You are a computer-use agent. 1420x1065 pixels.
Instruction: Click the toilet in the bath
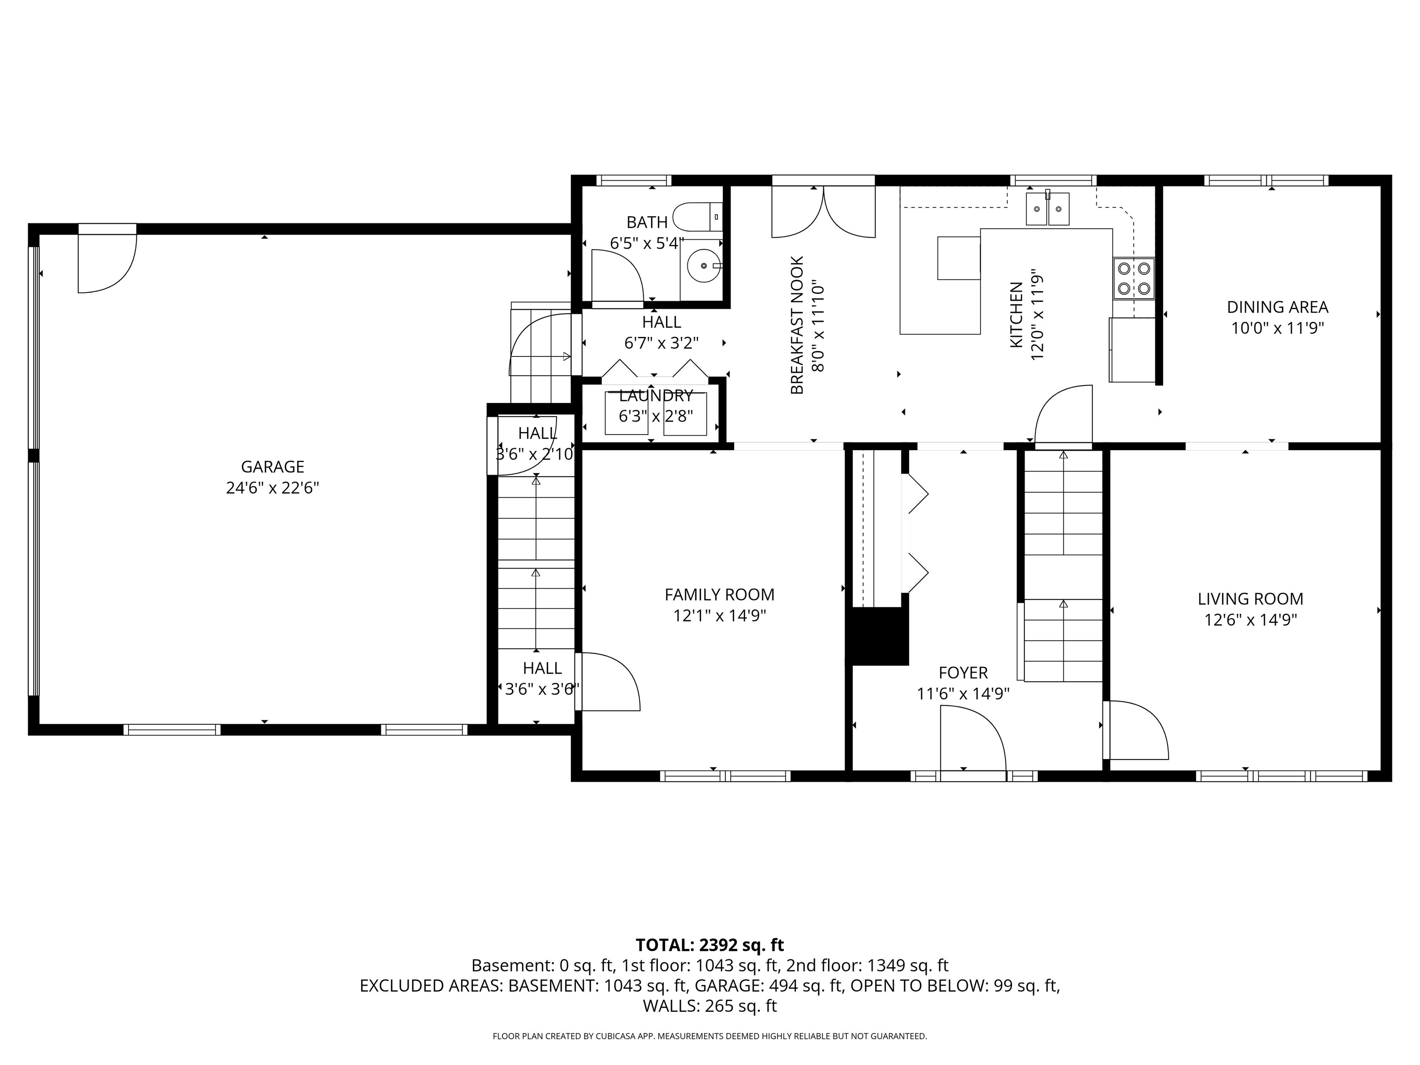pyautogui.click(x=697, y=217)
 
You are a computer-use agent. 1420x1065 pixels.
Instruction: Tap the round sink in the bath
pyautogui.click(x=704, y=265)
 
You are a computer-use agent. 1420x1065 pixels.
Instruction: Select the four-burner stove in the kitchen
pyautogui.click(x=1134, y=278)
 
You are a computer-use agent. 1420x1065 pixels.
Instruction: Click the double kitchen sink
pyautogui.click(x=1048, y=209)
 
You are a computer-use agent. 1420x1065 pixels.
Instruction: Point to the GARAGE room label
pyautogui.click(x=272, y=467)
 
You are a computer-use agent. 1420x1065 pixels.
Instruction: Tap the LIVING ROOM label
pyautogui.click(x=1250, y=599)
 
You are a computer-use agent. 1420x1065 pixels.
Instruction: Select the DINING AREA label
pyautogui.click(x=1277, y=307)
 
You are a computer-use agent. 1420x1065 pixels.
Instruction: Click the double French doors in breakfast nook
pyautogui.click(x=823, y=212)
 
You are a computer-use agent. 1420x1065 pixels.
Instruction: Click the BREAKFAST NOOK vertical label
pyautogui.click(x=796, y=325)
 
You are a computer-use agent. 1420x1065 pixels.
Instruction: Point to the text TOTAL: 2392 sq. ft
pyautogui.click(x=710, y=945)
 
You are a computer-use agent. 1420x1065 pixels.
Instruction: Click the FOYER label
pyautogui.click(x=962, y=673)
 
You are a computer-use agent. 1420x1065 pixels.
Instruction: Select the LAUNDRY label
pyautogui.click(x=655, y=395)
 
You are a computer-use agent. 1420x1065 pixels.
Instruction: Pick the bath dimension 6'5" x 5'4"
pyautogui.click(x=647, y=243)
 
